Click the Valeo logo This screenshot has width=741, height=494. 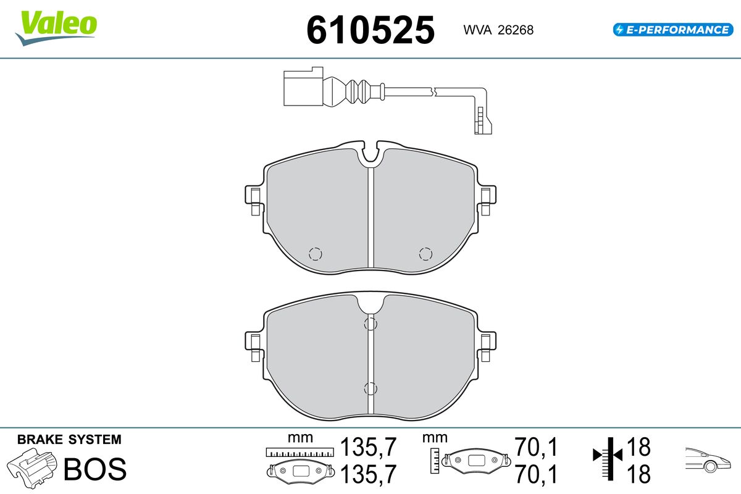[x=56, y=28]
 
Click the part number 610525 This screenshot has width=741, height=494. [x=371, y=30]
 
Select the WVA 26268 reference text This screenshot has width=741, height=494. [x=498, y=30]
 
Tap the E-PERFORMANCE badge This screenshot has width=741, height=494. [x=673, y=30]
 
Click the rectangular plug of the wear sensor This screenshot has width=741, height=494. [x=303, y=86]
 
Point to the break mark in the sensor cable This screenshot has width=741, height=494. [x=433, y=92]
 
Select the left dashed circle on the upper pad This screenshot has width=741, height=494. [x=316, y=254]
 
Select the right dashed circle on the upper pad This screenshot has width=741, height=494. [x=425, y=254]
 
